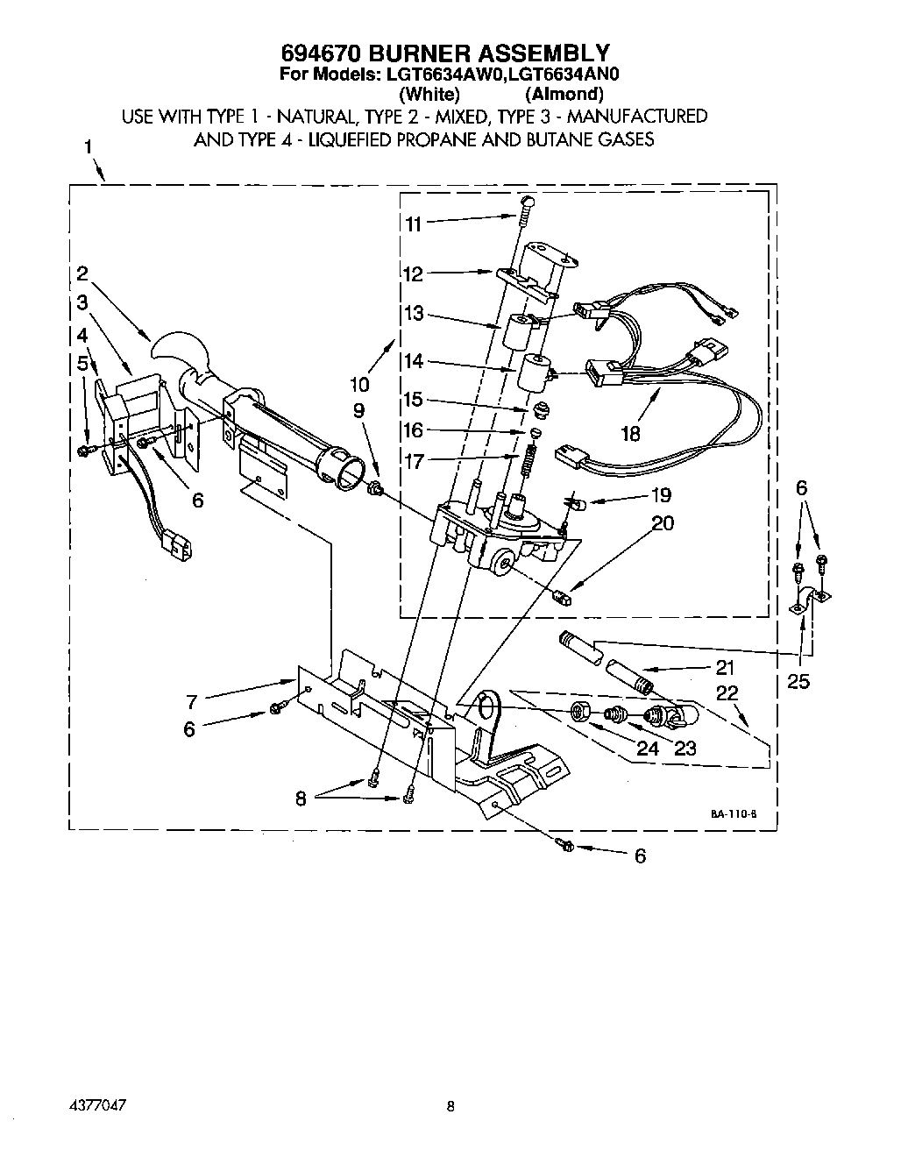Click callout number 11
click(x=413, y=224)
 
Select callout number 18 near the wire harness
click(x=630, y=433)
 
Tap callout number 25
click(x=798, y=680)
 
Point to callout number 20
click(x=663, y=523)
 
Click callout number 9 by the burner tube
click(x=358, y=411)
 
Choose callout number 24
click(x=647, y=748)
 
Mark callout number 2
click(x=82, y=273)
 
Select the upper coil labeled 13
click(x=517, y=332)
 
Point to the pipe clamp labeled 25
click(x=811, y=602)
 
